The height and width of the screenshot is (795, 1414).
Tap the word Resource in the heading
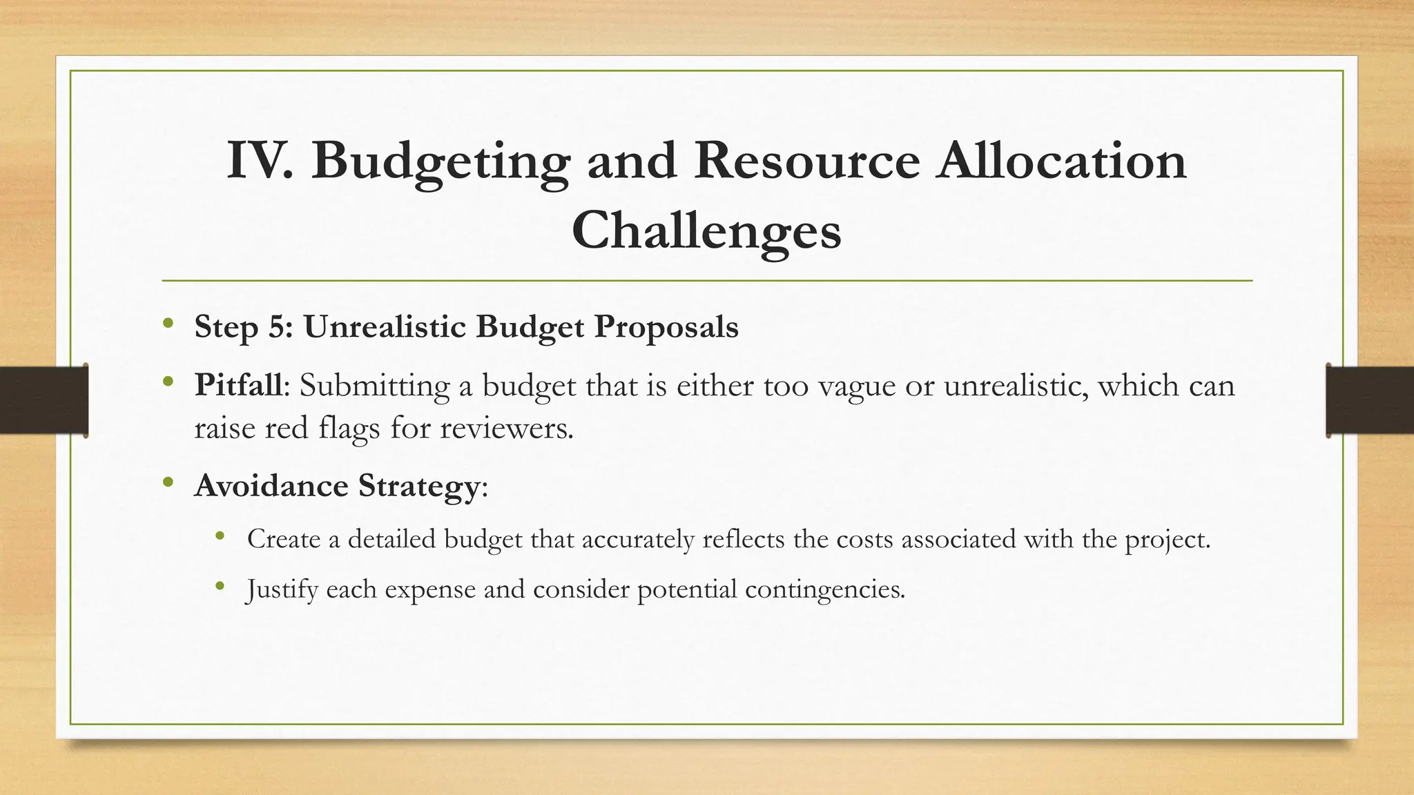coord(806,161)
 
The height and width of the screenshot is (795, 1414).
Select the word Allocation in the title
coord(1060,161)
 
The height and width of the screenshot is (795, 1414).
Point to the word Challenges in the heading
coord(706,230)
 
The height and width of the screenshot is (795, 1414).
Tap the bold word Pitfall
coord(238,385)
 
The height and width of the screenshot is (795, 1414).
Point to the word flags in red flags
coord(349,429)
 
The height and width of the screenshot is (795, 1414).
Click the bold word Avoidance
coord(271,486)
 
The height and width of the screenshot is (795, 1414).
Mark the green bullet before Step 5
coord(168,323)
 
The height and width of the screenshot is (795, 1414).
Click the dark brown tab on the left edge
coord(43,400)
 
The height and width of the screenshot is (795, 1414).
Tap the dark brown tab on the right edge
coord(1370,400)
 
